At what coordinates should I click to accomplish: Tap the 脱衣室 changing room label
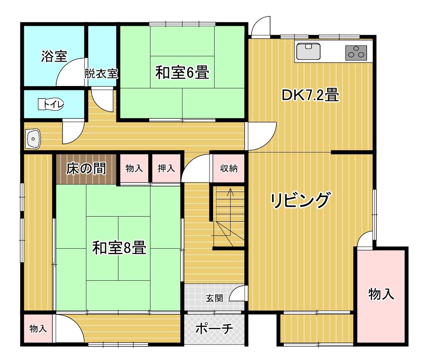click(x=101, y=74)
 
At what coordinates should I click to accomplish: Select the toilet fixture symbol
click(x=51, y=104)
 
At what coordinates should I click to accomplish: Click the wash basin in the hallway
click(x=33, y=139)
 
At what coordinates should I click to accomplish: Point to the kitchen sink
click(x=308, y=51)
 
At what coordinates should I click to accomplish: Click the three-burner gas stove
click(x=356, y=52)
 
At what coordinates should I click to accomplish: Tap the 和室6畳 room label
click(x=182, y=73)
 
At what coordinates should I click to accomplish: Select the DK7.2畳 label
click(x=310, y=95)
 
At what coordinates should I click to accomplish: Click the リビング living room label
click(x=301, y=200)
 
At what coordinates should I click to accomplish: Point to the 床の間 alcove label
click(x=86, y=169)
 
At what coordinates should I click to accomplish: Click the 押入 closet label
click(x=166, y=168)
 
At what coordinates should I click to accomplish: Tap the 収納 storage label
click(x=229, y=168)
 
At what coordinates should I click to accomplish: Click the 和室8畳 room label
click(x=119, y=247)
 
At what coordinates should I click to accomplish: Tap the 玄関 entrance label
click(x=214, y=298)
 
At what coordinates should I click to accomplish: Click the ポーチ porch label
click(x=214, y=329)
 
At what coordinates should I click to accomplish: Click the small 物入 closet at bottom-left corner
click(x=38, y=329)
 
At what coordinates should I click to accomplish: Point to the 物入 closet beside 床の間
click(x=134, y=168)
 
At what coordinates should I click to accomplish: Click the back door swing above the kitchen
click(x=261, y=26)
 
